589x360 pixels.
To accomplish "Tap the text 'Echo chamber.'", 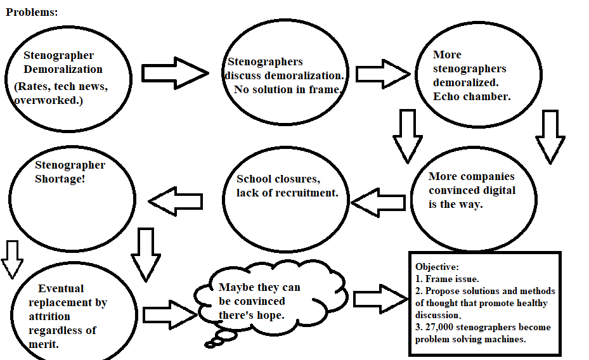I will pos(472,96).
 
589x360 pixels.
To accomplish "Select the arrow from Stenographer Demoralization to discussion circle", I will pos(174,73).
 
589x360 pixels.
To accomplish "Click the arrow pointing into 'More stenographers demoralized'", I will pos(382,74).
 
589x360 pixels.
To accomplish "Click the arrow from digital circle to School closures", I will pos(378,203).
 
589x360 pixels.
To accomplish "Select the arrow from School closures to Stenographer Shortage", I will pos(176,202).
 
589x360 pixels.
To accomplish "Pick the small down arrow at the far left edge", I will pos(11,259).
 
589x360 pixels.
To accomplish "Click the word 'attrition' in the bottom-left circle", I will pos(49,316).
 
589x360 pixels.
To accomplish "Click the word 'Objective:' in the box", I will pos(437,267).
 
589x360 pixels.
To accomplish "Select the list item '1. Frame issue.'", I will pos(448,279).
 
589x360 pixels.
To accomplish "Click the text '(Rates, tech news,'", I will pos(61,86).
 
